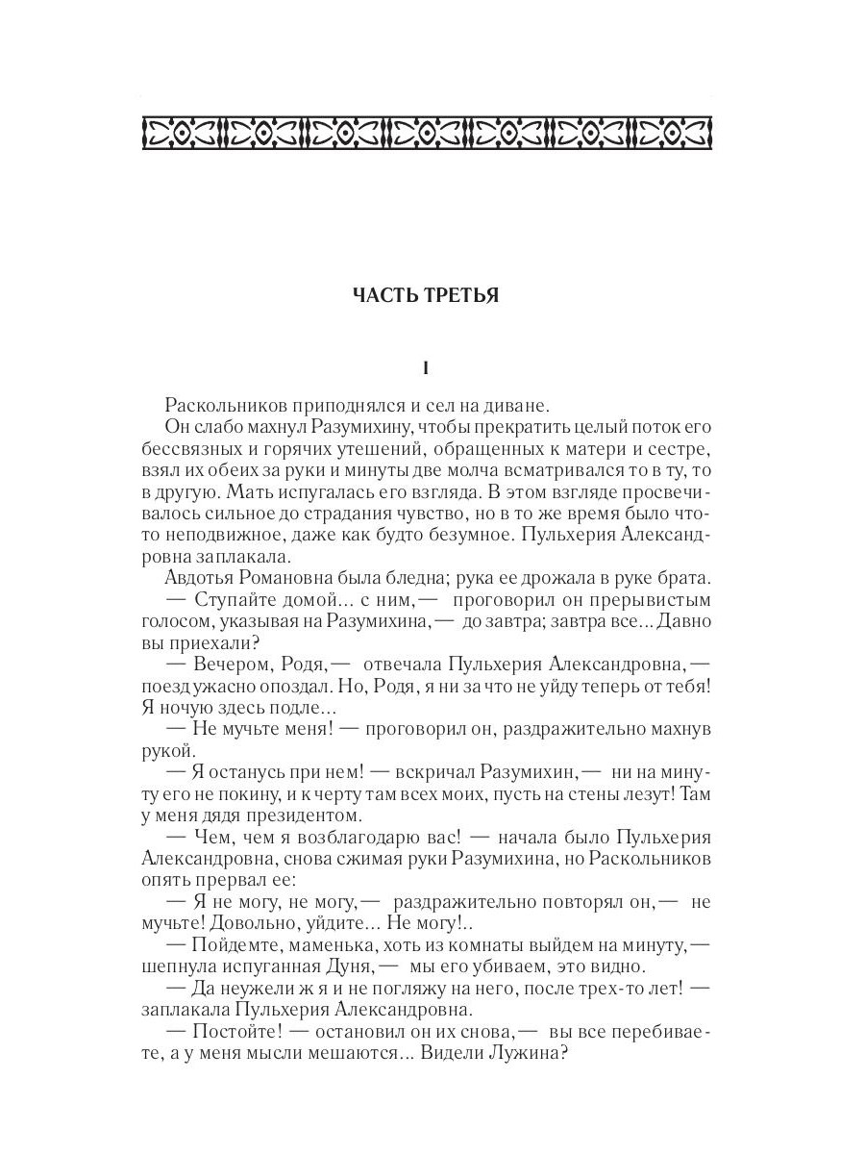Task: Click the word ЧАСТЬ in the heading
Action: point(386,294)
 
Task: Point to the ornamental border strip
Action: point(432,134)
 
